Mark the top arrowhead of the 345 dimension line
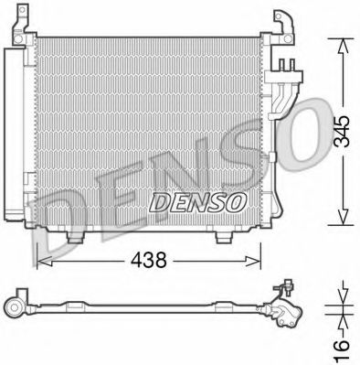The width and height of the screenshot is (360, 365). tap(340, 42)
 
